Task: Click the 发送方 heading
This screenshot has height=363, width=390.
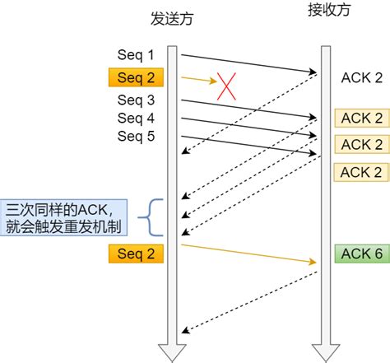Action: pos(173,16)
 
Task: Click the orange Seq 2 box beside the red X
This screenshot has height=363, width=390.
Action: pos(136,78)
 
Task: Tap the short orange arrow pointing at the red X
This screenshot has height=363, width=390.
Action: pos(197,80)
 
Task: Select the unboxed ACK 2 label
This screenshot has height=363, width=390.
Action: pos(361,78)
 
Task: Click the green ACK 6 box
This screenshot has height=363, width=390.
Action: pos(361,254)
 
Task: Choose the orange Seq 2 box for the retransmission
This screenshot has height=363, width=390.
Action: pos(136,254)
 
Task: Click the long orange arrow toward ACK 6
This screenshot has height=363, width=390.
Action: pos(247,254)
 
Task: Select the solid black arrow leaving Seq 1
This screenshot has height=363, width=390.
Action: pos(247,64)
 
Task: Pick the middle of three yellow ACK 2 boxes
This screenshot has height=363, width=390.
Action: pos(361,145)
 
